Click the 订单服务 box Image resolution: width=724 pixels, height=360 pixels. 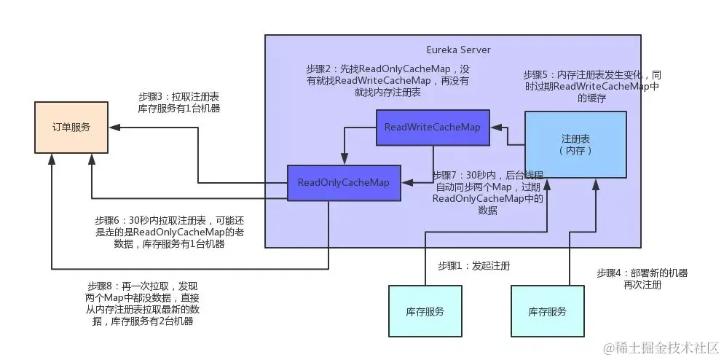(x=71, y=127)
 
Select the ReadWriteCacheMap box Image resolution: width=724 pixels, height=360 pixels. (x=433, y=128)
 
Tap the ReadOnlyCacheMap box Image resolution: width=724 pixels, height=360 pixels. (x=344, y=182)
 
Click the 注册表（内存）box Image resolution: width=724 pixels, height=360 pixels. (x=575, y=144)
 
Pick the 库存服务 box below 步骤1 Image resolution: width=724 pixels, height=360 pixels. (x=425, y=311)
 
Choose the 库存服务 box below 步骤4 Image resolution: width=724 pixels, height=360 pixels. (x=548, y=311)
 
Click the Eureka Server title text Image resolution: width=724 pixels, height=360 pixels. (x=458, y=50)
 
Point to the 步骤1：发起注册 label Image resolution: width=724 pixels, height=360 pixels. (x=473, y=265)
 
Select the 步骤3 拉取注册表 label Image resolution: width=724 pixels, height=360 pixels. (x=179, y=102)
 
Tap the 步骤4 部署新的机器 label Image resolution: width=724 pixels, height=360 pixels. (x=642, y=278)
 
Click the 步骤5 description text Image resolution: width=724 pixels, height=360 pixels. (x=592, y=86)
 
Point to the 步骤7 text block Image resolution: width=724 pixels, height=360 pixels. (x=488, y=192)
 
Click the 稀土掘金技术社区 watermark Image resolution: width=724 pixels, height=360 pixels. (x=658, y=346)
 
